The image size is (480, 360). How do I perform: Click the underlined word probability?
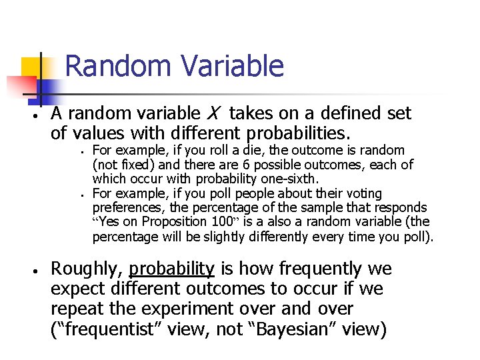coord(172,269)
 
